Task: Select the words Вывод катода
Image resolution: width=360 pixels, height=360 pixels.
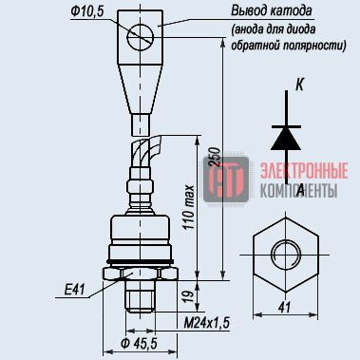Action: [272, 11]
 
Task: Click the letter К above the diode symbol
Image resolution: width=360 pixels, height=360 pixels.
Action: [299, 85]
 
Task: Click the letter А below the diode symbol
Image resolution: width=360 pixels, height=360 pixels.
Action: [300, 190]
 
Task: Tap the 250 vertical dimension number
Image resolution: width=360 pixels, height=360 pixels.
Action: [215, 157]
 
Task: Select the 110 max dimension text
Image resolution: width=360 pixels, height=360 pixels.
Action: [189, 207]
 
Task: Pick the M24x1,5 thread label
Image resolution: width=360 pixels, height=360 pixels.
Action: [207, 323]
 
